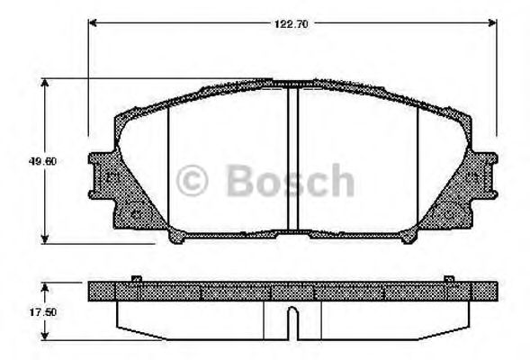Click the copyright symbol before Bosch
[x=194, y=181]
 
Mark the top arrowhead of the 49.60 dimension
[x=45, y=81]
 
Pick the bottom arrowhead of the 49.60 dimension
[x=45, y=239]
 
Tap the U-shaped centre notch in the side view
[x=292, y=322]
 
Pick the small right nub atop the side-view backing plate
[x=448, y=280]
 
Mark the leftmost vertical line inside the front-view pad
[x=169, y=171]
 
